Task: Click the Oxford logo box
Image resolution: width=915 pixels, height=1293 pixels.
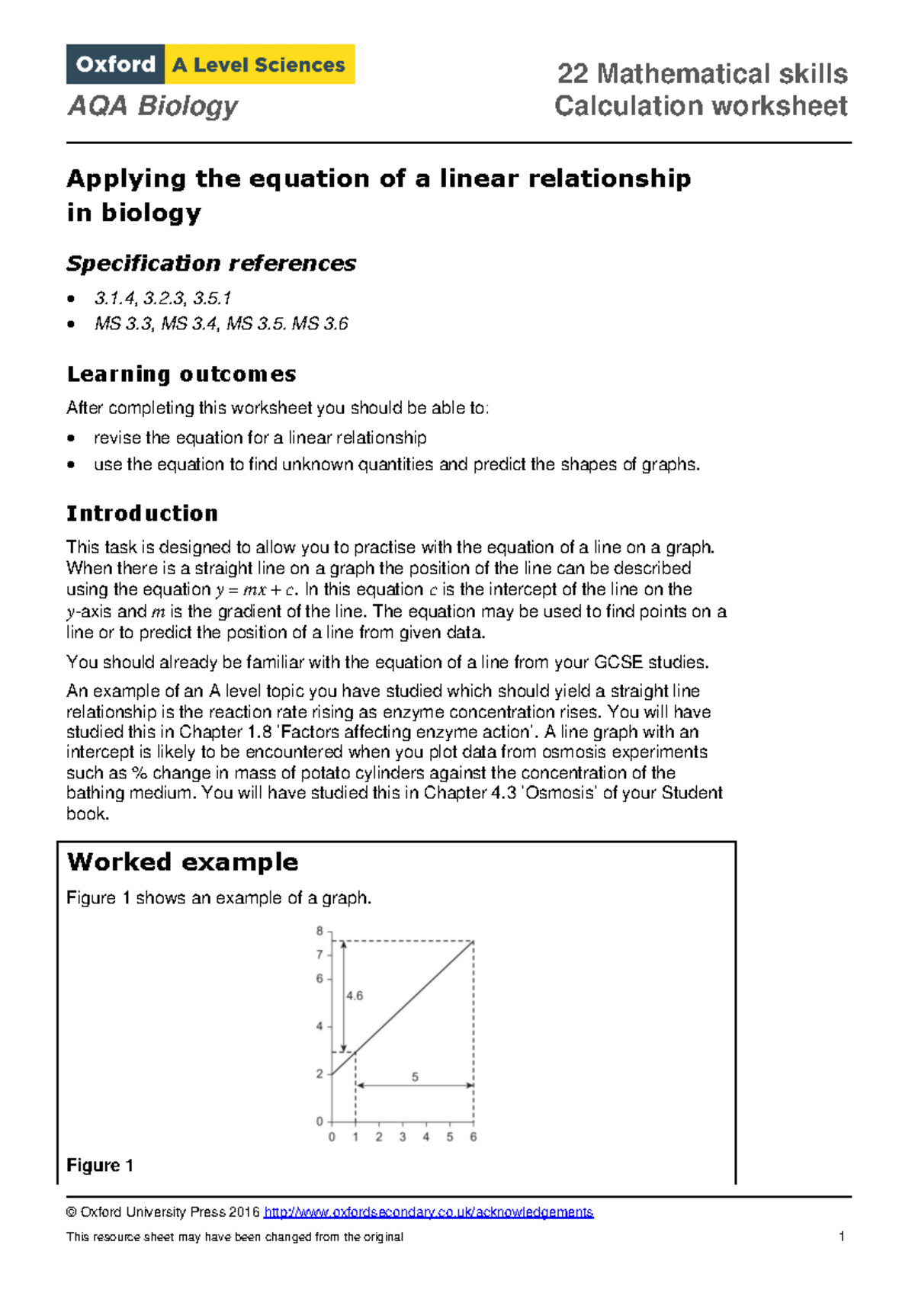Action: pyautogui.click(x=115, y=64)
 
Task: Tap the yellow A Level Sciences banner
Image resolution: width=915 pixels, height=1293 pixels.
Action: pyautogui.click(x=259, y=65)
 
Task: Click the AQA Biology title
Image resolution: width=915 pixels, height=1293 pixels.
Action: pyautogui.click(x=152, y=105)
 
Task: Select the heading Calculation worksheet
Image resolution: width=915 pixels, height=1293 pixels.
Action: pyautogui.click(x=700, y=105)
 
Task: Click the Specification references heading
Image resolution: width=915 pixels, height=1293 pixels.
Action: pyautogui.click(x=211, y=263)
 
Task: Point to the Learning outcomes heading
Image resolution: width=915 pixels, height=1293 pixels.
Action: pyautogui.click(x=181, y=374)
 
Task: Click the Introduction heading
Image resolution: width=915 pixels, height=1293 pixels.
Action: pyautogui.click(x=142, y=513)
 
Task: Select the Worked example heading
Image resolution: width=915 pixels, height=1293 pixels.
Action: pyautogui.click(x=182, y=861)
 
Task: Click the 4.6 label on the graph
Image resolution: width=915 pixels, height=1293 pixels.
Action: pyautogui.click(x=355, y=995)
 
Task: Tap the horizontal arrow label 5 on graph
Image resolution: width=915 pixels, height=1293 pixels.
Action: pyautogui.click(x=415, y=1076)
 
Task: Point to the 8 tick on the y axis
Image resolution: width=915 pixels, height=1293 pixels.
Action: pyautogui.click(x=319, y=931)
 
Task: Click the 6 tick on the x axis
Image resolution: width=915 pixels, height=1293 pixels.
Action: pyautogui.click(x=473, y=1137)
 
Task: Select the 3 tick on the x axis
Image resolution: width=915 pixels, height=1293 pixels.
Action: pyautogui.click(x=402, y=1137)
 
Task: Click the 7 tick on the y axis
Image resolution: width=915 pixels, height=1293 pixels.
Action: pyautogui.click(x=319, y=955)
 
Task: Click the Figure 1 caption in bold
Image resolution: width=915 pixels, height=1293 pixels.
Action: pyautogui.click(x=100, y=1165)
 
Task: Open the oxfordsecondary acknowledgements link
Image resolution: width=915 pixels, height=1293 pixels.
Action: pyautogui.click(x=428, y=1212)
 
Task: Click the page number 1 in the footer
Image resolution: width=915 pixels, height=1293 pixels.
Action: pyautogui.click(x=841, y=1237)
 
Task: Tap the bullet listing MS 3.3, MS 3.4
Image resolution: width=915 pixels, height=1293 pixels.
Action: pyautogui.click(x=221, y=324)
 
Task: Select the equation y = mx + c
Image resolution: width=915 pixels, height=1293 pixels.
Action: pyautogui.click(x=255, y=590)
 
